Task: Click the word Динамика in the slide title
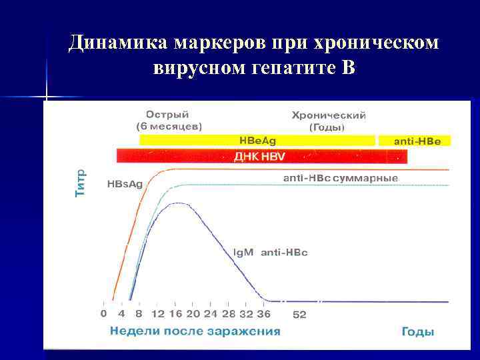pos(118,43)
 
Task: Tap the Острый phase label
pos(167,115)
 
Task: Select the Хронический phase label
pos(329,115)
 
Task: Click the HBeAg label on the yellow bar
pos(257,141)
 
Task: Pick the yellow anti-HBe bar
pos(414,141)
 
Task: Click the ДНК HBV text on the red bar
pos(260,156)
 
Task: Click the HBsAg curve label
pos(125,185)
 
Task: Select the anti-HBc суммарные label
pos(341,179)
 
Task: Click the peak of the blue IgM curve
pos(176,203)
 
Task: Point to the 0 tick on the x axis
pos(103,313)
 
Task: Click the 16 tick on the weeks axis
pos(175,313)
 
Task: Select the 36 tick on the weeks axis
pos(264,313)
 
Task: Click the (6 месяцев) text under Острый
pos(169,126)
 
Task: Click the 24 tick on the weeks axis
pos(211,313)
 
